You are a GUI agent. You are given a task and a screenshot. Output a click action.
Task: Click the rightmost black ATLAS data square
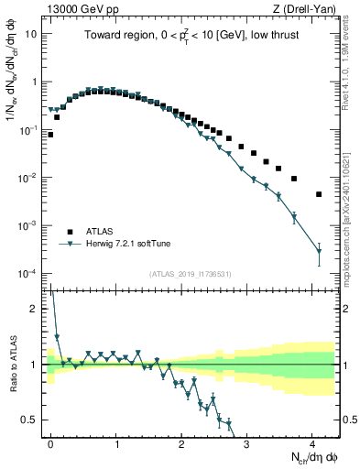click(319, 194)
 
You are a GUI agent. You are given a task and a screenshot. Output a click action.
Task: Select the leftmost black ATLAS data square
click(50, 135)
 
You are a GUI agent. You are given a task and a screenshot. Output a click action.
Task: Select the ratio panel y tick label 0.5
click(33, 420)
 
